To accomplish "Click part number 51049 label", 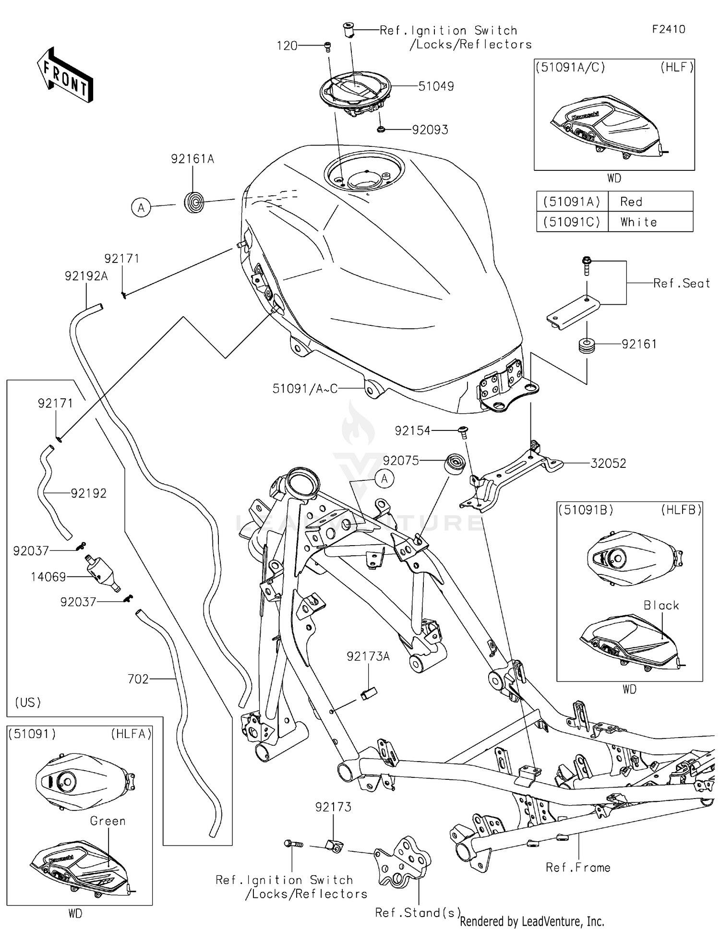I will click(x=436, y=86).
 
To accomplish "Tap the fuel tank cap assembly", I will click(x=356, y=94).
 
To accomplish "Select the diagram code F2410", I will click(x=669, y=29).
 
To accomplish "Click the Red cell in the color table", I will click(x=631, y=202).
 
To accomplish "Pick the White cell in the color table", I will click(x=638, y=222).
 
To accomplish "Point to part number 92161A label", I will click(x=192, y=159).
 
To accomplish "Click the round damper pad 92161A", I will click(x=194, y=202).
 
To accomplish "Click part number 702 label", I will click(x=138, y=679).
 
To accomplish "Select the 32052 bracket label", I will click(x=608, y=464).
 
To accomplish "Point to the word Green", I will click(x=108, y=821).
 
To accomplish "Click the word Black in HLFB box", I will click(x=661, y=606).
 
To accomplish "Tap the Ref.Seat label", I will click(x=682, y=284).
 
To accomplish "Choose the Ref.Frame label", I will click(x=578, y=868).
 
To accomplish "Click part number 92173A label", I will click(x=368, y=656).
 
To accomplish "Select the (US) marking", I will click(x=28, y=703).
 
